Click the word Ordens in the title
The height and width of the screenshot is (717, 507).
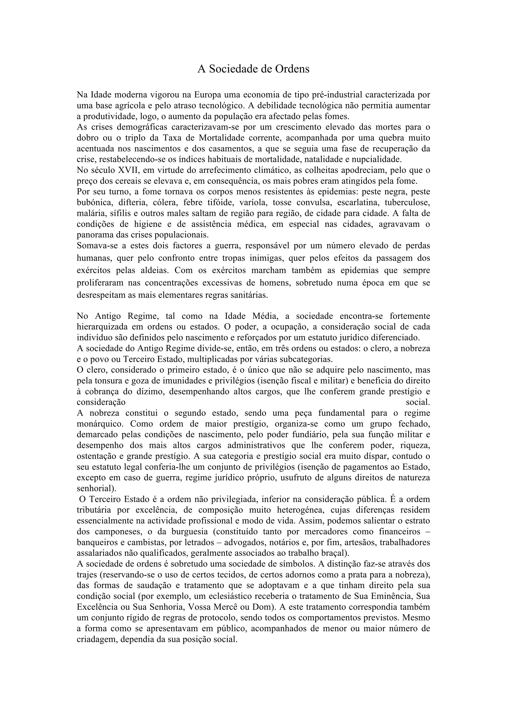(292, 69)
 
